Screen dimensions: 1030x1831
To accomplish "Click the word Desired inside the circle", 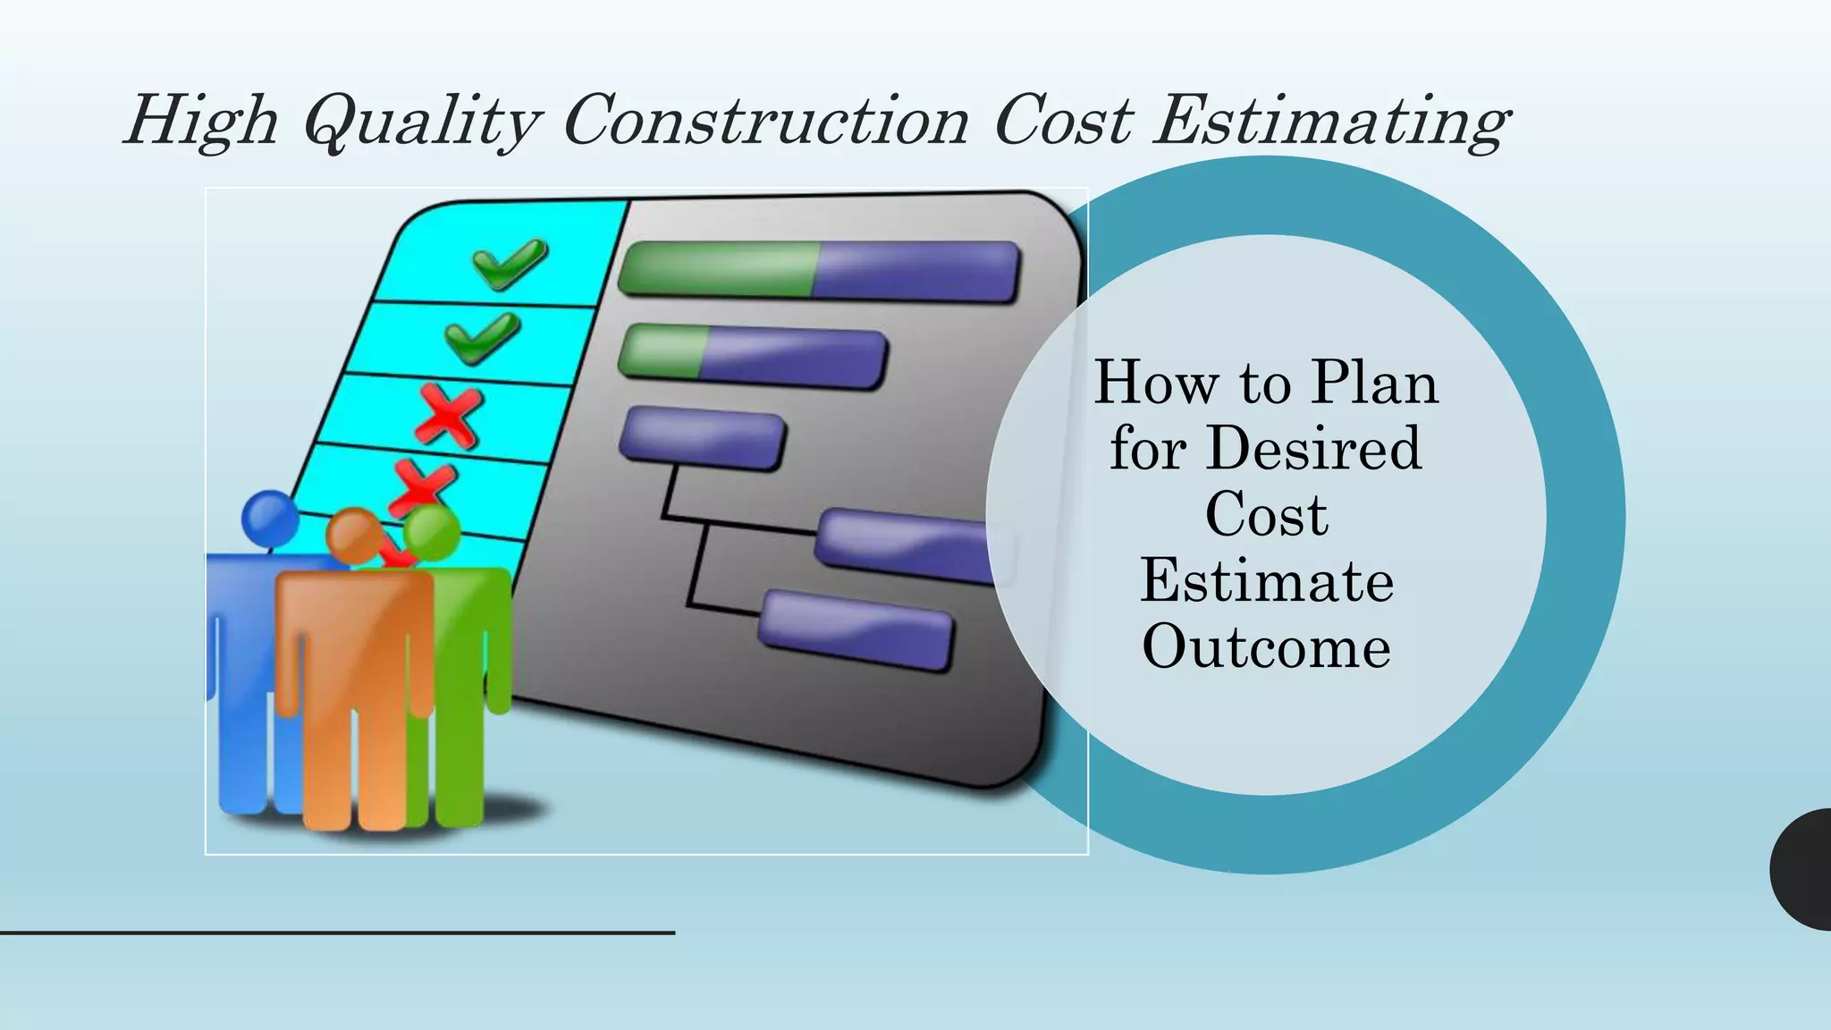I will coord(1312,448).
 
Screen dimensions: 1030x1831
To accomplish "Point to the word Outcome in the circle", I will coord(1266,646).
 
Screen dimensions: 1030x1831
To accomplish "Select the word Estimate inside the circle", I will coord(1266,581).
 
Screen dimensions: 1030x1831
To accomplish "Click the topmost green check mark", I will coord(510,263).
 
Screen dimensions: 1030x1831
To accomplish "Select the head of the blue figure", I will coord(270,518).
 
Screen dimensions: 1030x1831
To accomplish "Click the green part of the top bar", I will coord(715,268).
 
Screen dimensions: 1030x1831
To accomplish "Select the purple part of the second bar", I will coord(791,358).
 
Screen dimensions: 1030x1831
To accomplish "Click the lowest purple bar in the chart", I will coord(856,630).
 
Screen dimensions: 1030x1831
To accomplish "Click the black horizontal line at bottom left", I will coord(337,933).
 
